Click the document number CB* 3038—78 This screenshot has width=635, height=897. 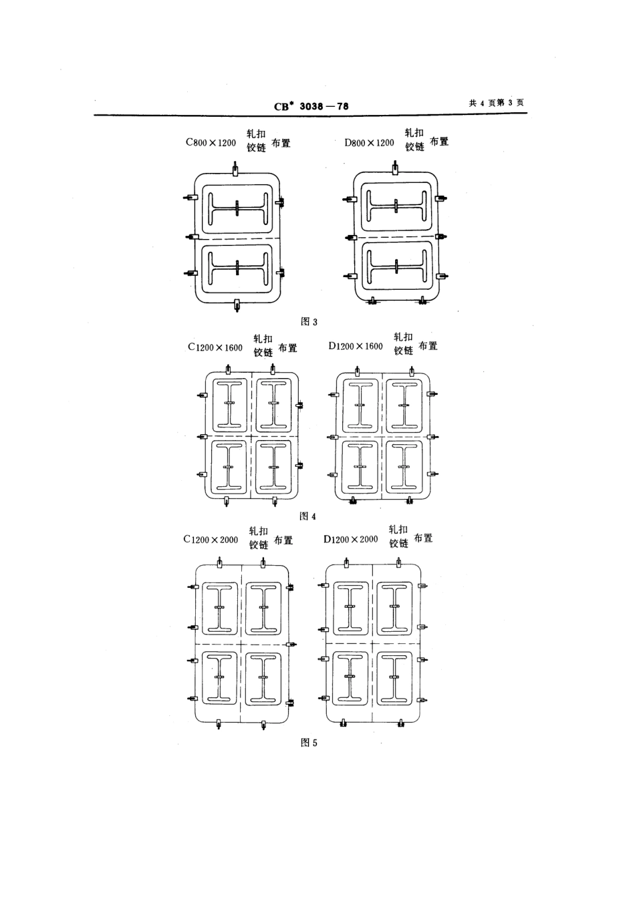(311, 106)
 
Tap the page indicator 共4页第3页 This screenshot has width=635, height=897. (497, 103)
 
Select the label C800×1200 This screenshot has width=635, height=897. (211, 142)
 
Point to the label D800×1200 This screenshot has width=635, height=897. (370, 142)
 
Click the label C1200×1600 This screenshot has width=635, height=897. (215, 347)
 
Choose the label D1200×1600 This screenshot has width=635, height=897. (356, 346)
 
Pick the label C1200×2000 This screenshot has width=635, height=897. (211, 540)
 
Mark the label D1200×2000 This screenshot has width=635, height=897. (351, 540)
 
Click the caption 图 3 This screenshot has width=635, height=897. (309, 321)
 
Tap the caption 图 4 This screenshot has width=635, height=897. (307, 516)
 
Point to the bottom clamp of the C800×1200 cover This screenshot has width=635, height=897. (237, 305)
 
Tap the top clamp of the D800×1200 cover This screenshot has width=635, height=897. (396, 168)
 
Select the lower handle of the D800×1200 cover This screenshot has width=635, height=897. (396, 266)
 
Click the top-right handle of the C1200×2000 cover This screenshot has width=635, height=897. (263, 607)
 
